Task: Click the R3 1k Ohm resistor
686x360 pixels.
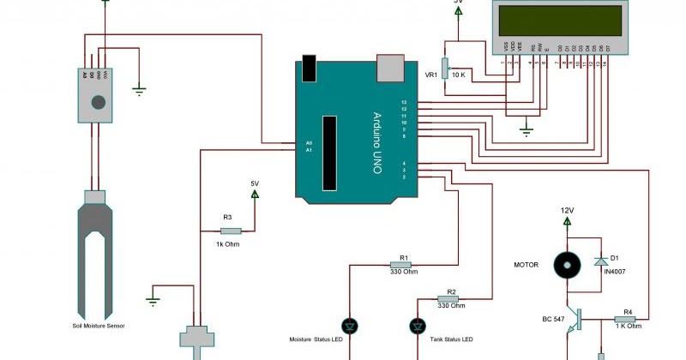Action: (232, 230)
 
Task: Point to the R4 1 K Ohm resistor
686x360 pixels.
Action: (628, 317)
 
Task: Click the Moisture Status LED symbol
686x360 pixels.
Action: (350, 326)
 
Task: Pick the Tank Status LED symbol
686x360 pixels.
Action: (418, 326)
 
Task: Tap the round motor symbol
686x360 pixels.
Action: (563, 265)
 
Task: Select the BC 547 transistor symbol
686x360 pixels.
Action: (573, 319)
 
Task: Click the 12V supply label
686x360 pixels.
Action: (567, 210)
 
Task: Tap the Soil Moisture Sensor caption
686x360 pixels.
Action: (99, 327)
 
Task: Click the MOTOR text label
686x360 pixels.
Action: (525, 265)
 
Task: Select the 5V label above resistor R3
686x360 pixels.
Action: (254, 183)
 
